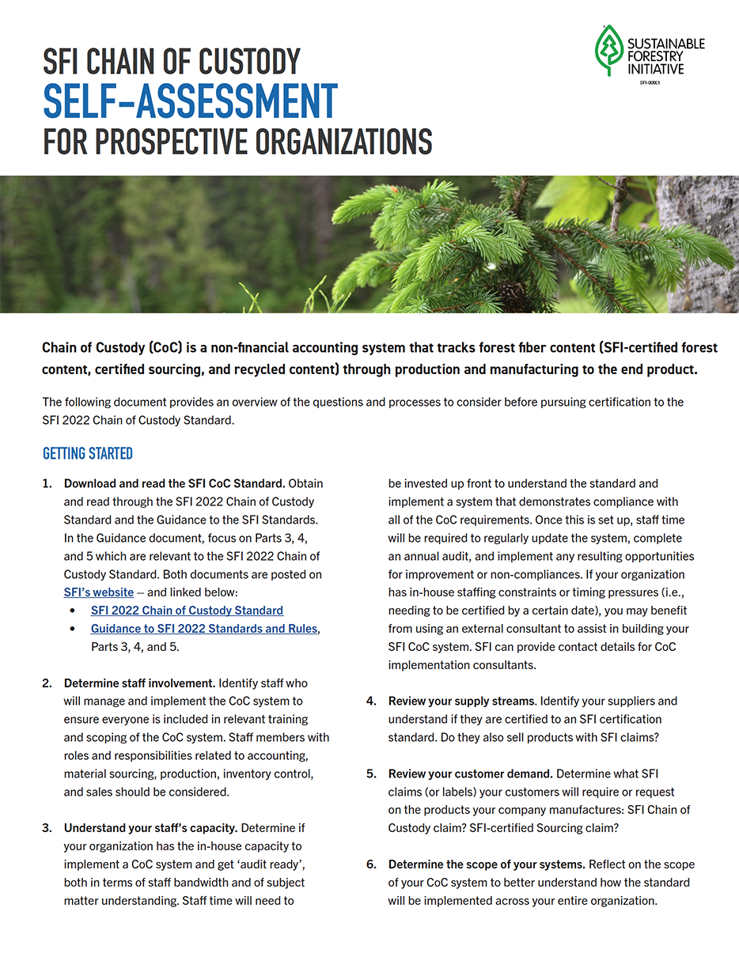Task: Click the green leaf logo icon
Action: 609,51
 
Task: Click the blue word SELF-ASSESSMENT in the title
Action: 190,100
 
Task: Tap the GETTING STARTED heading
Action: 87,454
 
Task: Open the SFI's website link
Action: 99,592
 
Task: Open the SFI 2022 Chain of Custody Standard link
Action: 187,611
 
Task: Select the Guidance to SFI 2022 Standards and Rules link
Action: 204,629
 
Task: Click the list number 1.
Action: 47,483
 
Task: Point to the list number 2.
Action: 47,683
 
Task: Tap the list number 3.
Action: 47,828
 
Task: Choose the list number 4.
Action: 370,701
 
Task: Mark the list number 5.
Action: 370,774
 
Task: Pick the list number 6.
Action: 370,864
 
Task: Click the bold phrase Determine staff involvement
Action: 139,683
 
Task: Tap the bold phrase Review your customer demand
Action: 470,774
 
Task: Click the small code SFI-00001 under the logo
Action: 650,82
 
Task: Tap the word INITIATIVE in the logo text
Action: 654,69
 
